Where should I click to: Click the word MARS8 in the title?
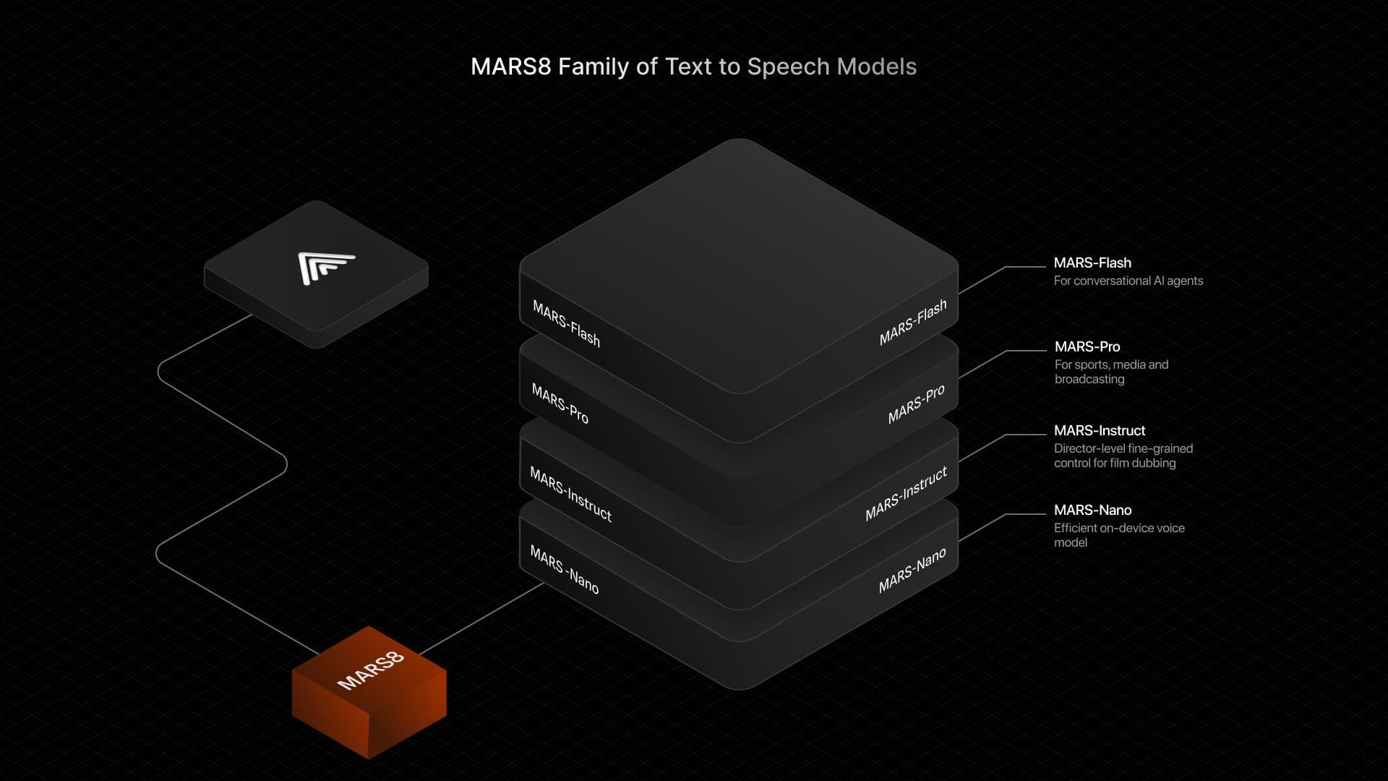coord(510,67)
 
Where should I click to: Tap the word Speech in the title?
coord(788,67)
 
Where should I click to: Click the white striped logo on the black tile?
coord(325,267)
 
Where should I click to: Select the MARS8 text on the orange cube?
coord(370,670)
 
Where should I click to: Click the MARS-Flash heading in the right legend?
coord(1092,263)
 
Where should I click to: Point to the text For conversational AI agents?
coord(1128,281)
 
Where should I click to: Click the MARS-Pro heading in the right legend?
coord(1087,346)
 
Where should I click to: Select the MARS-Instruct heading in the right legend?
coord(1099,430)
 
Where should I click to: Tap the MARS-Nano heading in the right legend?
coord(1092,510)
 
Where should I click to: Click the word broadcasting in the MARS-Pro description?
coord(1089,379)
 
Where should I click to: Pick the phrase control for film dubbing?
coord(1114,463)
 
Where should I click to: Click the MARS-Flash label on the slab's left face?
coord(566,323)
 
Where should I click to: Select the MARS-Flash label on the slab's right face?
coord(912,323)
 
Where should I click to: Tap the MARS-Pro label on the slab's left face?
coord(560,404)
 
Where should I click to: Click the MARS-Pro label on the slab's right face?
coord(916,404)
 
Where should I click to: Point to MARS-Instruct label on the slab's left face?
coord(570,494)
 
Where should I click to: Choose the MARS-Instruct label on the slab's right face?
coord(906,494)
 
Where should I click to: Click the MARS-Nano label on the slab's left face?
coord(564,570)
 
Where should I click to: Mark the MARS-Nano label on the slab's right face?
coord(912,571)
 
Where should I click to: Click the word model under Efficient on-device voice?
coord(1070,542)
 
